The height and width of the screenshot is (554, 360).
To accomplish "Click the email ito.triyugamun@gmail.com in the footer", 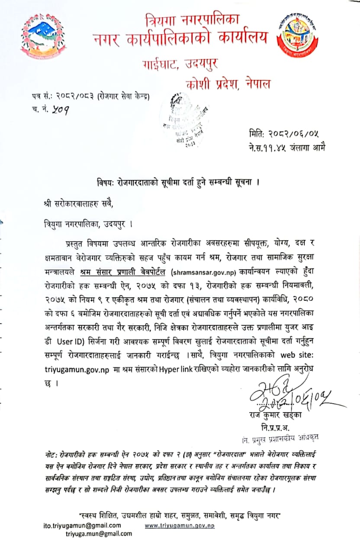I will point(82,525).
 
